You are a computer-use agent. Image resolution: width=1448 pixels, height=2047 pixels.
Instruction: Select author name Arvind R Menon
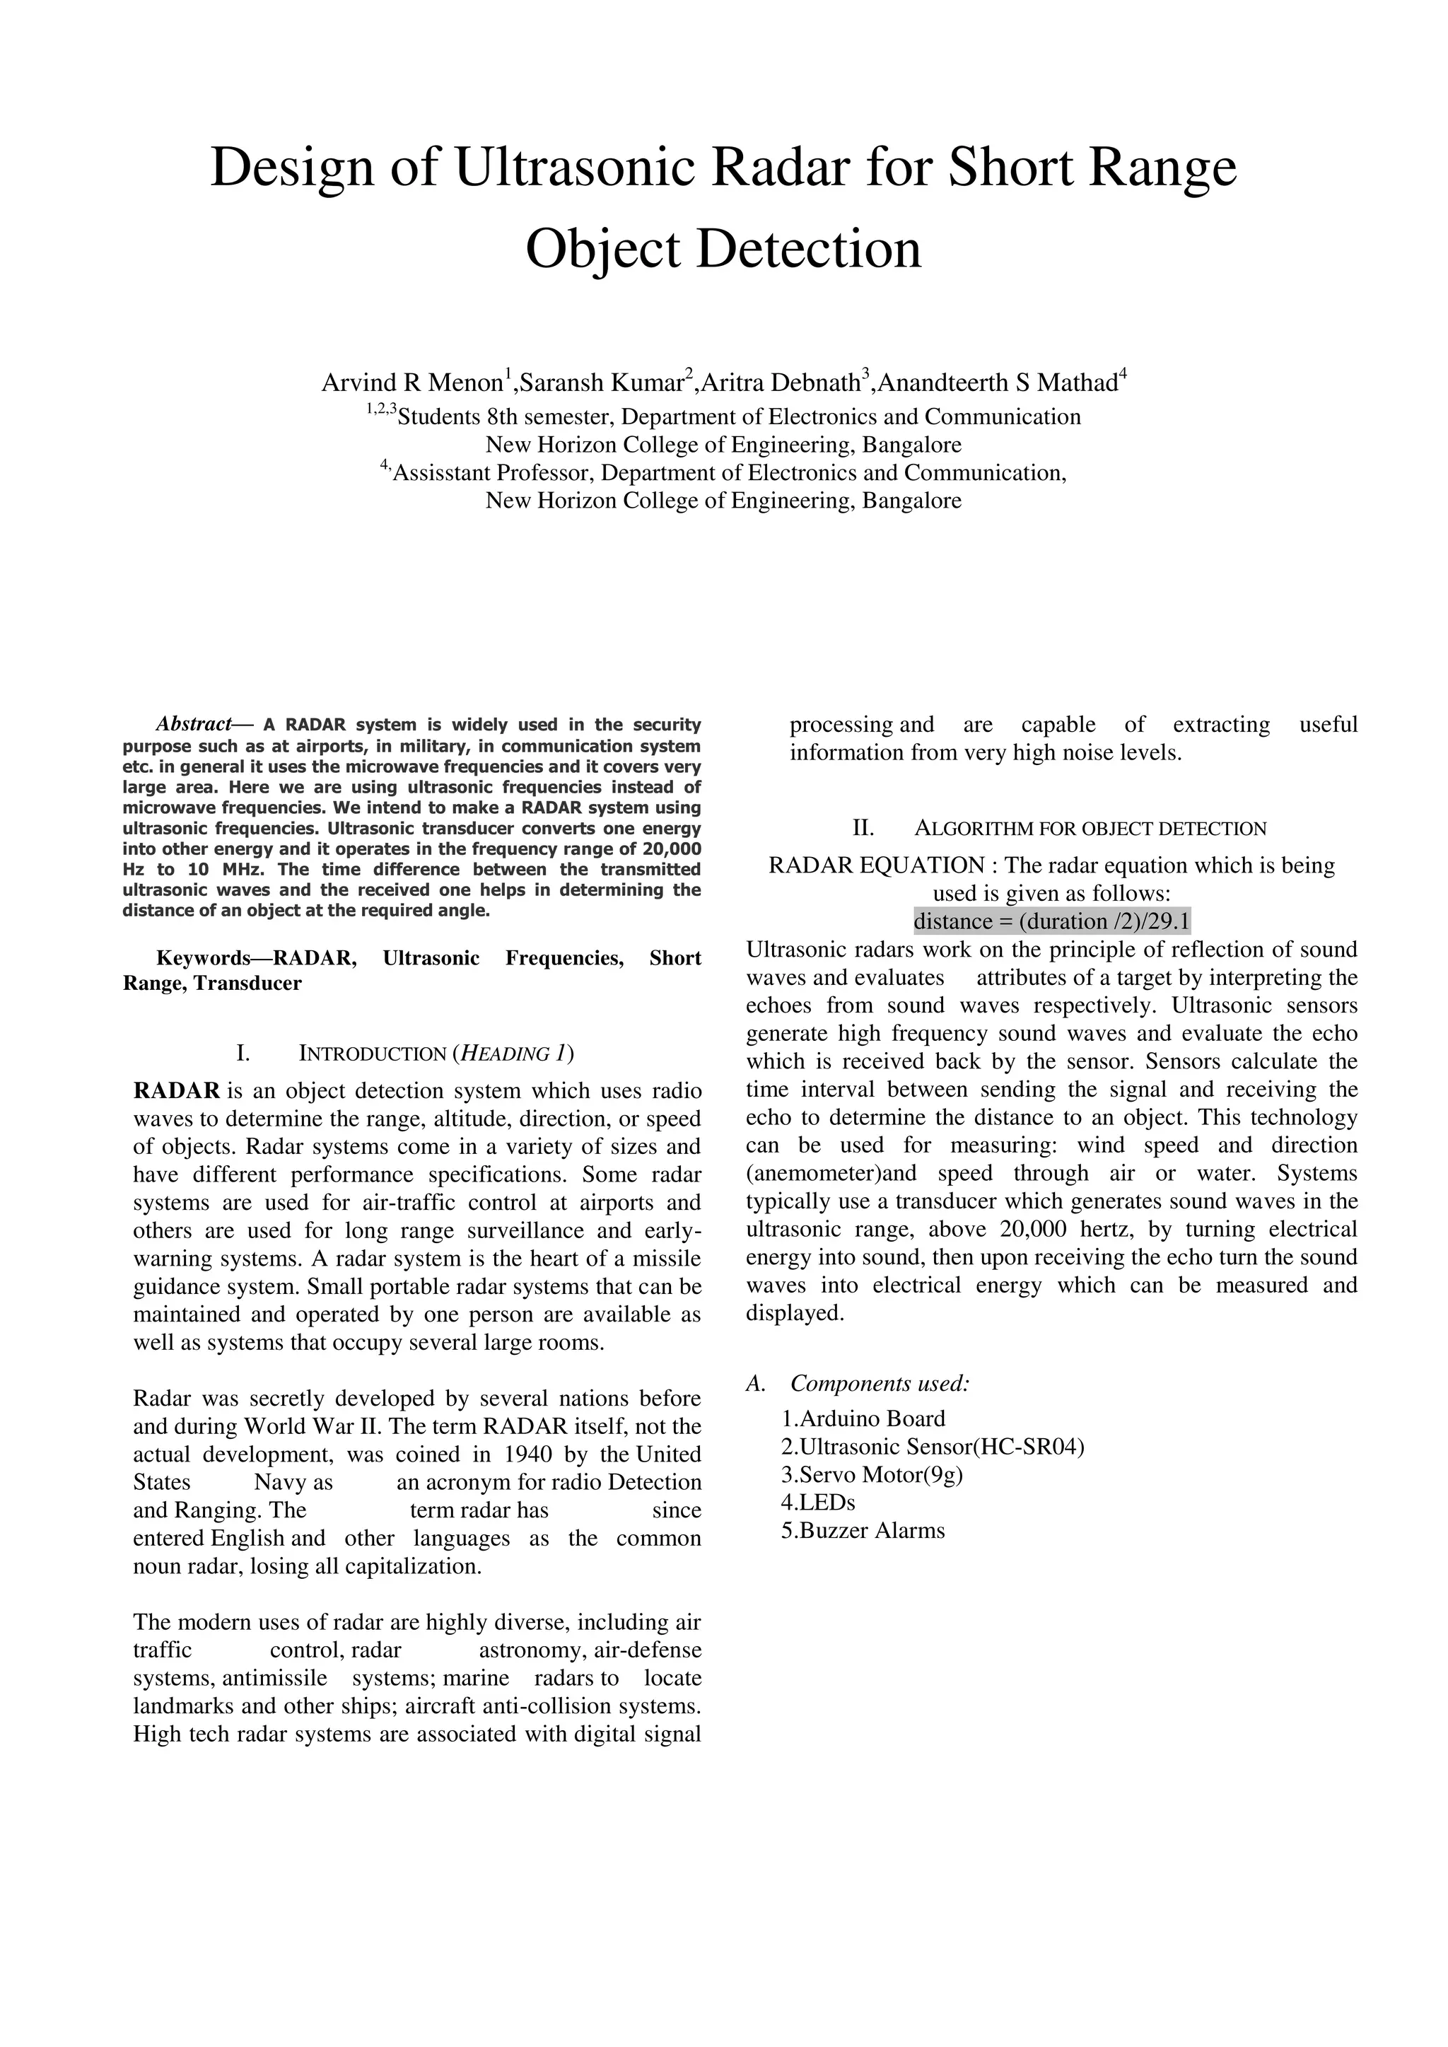click(x=412, y=383)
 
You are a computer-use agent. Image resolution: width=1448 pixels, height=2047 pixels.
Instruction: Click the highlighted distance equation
click(x=1052, y=920)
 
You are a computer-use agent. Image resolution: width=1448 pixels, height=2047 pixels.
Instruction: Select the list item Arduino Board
click(x=863, y=1418)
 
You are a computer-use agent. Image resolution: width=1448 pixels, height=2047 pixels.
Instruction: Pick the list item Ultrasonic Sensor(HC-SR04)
click(x=933, y=1446)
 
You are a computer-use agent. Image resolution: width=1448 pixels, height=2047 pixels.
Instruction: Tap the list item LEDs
click(x=819, y=1503)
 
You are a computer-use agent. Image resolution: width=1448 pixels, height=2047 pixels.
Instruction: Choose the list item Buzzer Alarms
click(x=863, y=1531)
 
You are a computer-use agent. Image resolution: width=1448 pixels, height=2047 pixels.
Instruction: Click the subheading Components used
click(x=879, y=1384)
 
